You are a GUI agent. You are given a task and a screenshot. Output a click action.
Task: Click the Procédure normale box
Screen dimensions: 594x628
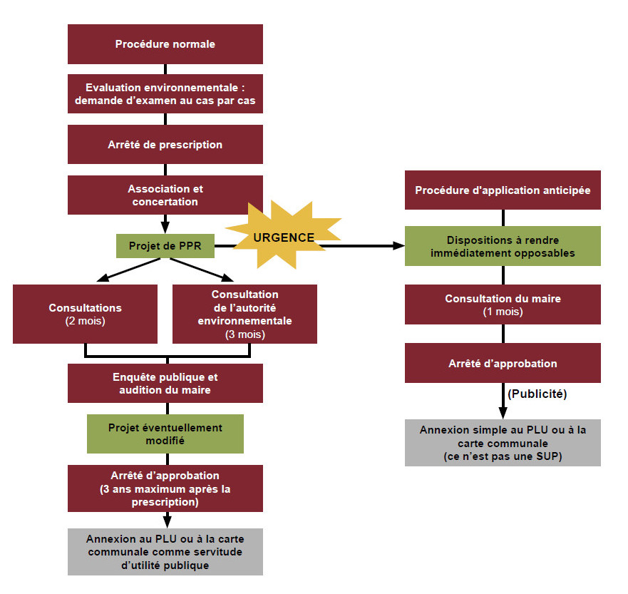tap(165, 44)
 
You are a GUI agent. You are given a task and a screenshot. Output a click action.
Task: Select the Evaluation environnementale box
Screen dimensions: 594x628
tap(165, 94)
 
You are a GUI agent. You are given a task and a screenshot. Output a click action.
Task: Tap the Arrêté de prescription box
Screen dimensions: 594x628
tap(165, 145)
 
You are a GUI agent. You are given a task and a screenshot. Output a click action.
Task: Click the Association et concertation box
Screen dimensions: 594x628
tap(165, 195)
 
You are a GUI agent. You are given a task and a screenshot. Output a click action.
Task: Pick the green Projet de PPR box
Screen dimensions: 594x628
tap(165, 246)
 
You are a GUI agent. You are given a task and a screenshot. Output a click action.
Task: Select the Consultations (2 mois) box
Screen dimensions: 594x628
tap(85, 314)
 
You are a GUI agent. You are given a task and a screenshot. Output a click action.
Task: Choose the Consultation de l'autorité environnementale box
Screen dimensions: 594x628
tap(244, 314)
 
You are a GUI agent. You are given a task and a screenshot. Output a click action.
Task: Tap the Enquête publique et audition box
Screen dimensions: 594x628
tap(165, 384)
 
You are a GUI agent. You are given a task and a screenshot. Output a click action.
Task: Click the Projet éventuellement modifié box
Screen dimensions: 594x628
tap(165, 434)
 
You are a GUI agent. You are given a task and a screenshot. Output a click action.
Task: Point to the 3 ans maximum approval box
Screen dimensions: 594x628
tap(165, 488)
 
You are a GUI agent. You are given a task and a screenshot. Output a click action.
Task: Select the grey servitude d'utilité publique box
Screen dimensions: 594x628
tap(165, 551)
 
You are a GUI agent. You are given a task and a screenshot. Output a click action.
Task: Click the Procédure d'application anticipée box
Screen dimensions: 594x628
tap(503, 190)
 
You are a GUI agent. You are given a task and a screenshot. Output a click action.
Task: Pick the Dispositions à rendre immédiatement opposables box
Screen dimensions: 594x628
tap(503, 247)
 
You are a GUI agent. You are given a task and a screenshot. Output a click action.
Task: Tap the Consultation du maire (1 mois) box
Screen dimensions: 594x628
tap(503, 304)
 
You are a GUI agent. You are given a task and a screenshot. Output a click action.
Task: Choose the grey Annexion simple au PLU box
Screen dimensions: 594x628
tap(503, 443)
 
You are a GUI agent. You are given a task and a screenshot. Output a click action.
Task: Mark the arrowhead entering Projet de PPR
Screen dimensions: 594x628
tap(165, 228)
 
